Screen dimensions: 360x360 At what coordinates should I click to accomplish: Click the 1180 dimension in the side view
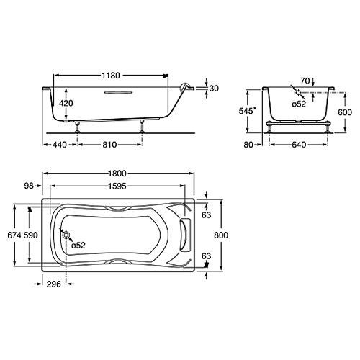click(111, 76)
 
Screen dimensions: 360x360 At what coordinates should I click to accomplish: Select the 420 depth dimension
click(66, 103)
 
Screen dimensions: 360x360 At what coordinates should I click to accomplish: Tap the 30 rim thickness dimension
click(214, 89)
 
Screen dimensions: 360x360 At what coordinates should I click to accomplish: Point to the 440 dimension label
click(60, 145)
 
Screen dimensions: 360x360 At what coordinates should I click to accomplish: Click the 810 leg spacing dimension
click(109, 145)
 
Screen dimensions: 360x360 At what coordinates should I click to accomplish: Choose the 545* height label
click(248, 111)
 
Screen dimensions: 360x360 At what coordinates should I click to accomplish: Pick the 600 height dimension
click(345, 112)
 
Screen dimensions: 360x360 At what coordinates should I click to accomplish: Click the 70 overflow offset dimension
click(305, 81)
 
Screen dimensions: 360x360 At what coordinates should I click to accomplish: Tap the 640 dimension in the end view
click(299, 145)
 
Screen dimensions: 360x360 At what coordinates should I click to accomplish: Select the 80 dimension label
click(248, 145)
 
